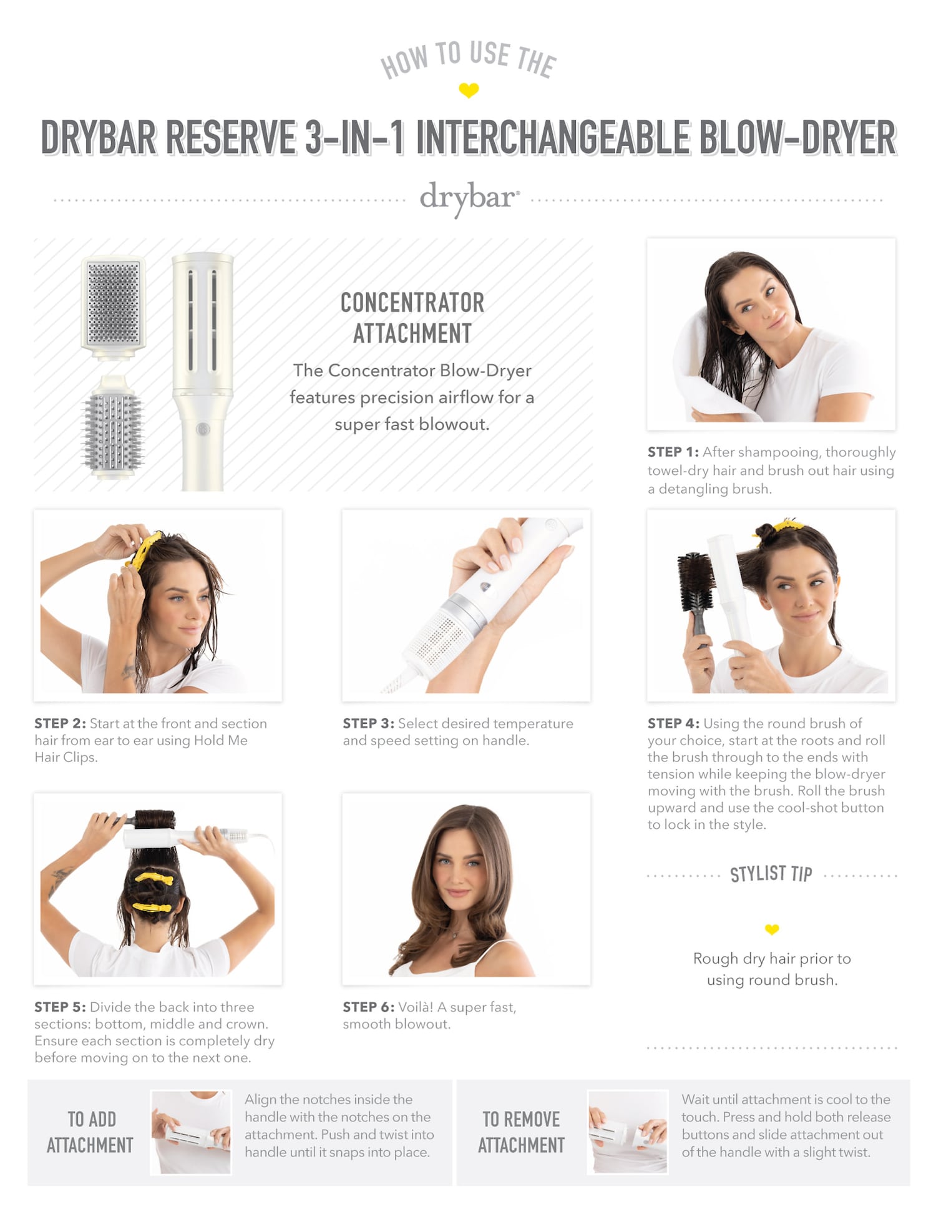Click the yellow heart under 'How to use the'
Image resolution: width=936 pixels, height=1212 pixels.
coord(469,90)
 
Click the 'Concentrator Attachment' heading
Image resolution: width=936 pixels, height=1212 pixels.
coord(412,318)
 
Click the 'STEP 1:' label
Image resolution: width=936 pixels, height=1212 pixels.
coord(673,452)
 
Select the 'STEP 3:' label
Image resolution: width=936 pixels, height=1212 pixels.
coord(368,723)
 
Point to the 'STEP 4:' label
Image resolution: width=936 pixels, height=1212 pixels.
coord(673,723)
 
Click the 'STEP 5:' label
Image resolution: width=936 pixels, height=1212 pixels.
coord(60,1007)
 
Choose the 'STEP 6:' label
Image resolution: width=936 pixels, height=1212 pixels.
coord(368,1007)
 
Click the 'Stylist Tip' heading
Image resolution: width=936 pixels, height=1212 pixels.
coord(771,874)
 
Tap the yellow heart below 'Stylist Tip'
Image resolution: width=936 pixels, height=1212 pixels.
coord(772,930)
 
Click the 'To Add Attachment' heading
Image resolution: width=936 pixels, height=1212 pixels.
coord(90,1132)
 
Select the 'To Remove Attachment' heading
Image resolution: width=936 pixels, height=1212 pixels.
coord(522,1132)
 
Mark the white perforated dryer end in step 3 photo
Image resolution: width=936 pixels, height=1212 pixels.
coord(433,637)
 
